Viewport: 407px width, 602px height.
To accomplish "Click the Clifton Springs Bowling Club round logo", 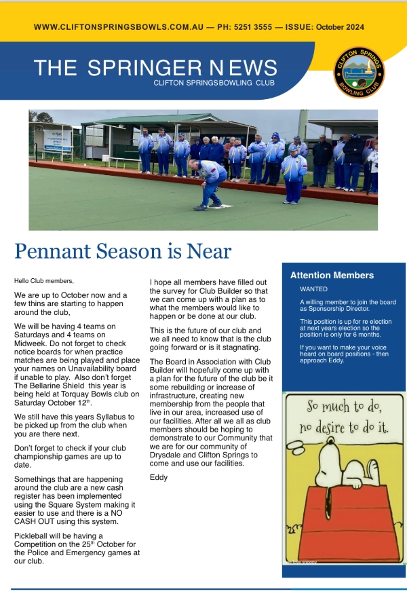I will (x=360, y=73).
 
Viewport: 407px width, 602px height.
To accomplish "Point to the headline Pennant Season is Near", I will (x=123, y=251).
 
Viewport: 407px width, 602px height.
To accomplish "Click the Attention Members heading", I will (x=332, y=276).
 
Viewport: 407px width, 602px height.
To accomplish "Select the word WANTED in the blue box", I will (x=313, y=289).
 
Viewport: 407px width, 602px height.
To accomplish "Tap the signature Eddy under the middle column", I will (x=158, y=477).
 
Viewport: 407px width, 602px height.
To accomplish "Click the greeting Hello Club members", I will (x=44, y=280).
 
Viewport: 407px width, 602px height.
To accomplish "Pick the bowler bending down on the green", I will (x=211, y=182).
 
